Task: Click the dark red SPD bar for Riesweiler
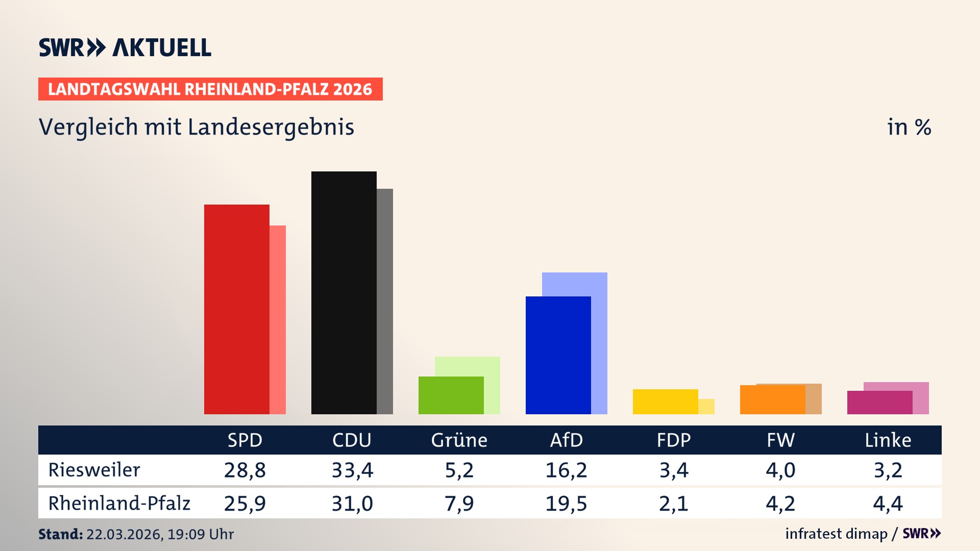[236, 309]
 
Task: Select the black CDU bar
[344, 292]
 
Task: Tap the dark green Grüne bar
[451, 395]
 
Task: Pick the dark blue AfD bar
[558, 355]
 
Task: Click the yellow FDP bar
[665, 402]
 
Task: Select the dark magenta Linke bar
[879, 403]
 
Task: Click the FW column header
[780, 440]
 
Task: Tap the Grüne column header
[459, 440]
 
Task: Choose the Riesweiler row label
[94, 470]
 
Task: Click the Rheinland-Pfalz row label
[119, 504]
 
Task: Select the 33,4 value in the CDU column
[352, 470]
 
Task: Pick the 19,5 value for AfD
[566, 504]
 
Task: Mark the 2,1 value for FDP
[673, 504]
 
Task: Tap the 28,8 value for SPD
[245, 470]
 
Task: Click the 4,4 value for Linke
[888, 504]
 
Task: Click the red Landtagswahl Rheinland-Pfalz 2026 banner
[210, 89]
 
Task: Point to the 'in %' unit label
[909, 127]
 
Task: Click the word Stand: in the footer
[60, 534]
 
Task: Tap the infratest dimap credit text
[836, 534]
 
